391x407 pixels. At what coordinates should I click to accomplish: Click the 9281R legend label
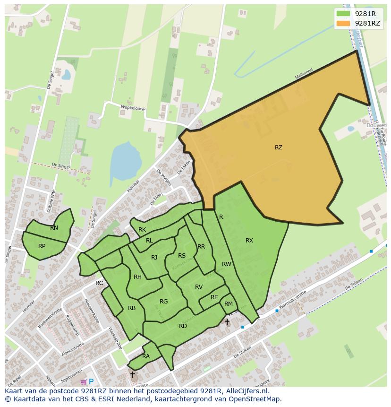[365, 14]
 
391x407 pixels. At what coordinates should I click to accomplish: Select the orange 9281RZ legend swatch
[343, 23]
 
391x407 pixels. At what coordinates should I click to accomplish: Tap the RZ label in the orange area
[279, 147]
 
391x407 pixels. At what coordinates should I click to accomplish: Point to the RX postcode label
[249, 241]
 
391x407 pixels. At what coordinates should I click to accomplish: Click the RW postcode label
[227, 264]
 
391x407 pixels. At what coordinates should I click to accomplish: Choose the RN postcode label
[54, 228]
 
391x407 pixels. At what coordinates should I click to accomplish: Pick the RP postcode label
[42, 246]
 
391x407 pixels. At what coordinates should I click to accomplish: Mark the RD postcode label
[183, 326]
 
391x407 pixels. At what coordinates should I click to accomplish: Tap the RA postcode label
[146, 356]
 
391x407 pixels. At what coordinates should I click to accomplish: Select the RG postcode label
[164, 302]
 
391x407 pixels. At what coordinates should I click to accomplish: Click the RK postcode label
[142, 230]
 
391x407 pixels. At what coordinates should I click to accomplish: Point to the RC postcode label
[99, 283]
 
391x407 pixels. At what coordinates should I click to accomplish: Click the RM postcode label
[229, 304]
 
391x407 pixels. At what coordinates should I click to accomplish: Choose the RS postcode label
[182, 256]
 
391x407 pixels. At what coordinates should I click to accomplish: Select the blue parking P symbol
[91, 381]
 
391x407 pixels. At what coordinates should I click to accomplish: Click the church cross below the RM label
[227, 322]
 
